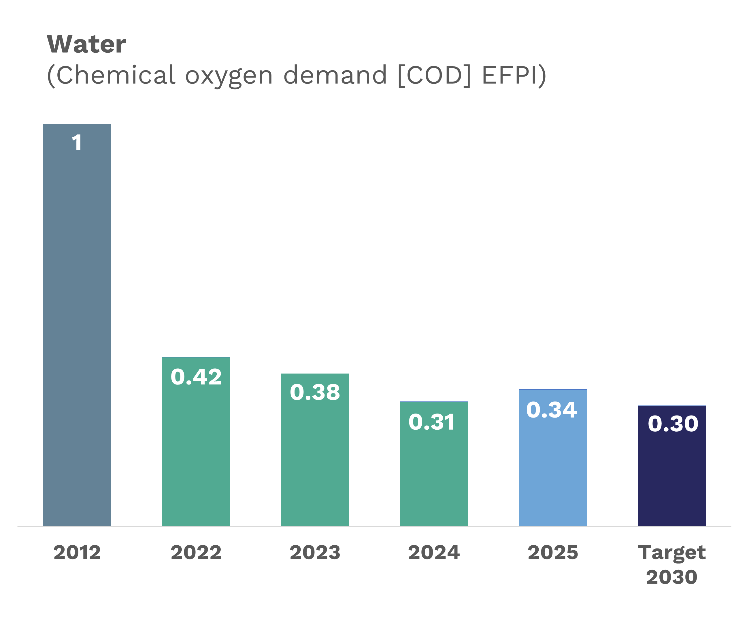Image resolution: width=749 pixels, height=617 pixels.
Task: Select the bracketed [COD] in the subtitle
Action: click(x=434, y=75)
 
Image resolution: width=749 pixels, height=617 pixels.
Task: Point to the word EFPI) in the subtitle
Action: click(x=514, y=75)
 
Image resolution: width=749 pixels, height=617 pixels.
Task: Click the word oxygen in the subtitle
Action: click(x=229, y=76)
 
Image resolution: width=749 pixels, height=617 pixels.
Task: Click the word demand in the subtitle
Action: click(x=335, y=75)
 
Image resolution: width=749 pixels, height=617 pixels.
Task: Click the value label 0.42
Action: click(x=196, y=377)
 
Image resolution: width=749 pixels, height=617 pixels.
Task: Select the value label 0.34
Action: click(x=551, y=410)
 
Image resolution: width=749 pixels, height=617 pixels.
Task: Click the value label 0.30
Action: click(x=673, y=424)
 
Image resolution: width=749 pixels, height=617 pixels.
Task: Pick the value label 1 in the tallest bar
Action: click(x=77, y=143)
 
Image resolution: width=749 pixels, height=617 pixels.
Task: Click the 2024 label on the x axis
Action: click(x=433, y=553)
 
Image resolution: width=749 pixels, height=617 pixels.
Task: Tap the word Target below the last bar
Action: click(x=671, y=553)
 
